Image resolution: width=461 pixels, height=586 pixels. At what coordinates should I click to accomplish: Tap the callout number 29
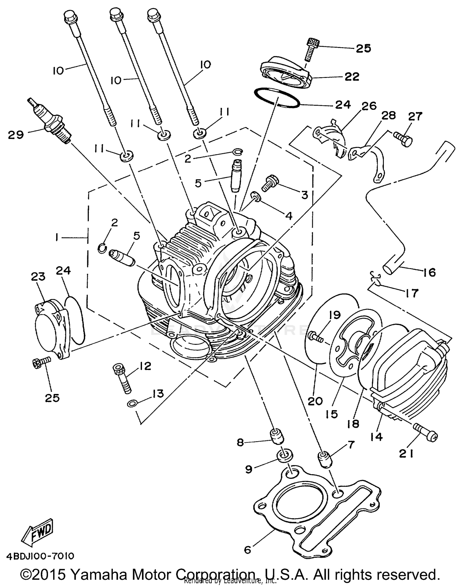pyautogui.click(x=16, y=135)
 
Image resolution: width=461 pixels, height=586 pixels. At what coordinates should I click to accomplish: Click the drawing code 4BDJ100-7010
pyautogui.click(x=40, y=556)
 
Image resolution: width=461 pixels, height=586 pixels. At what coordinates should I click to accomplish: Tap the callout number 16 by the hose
pyautogui.click(x=429, y=272)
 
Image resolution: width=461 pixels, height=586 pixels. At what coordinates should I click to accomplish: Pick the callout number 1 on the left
pyautogui.click(x=57, y=237)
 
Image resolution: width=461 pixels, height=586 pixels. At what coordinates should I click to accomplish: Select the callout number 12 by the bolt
pyautogui.click(x=145, y=366)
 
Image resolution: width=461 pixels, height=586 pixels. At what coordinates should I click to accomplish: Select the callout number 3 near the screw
pyautogui.click(x=305, y=195)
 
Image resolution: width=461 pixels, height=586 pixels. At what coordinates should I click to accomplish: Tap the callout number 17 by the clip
pyautogui.click(x=412, y=293)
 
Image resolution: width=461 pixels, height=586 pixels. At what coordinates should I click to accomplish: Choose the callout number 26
pyautogui.click(x=369, y=106)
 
